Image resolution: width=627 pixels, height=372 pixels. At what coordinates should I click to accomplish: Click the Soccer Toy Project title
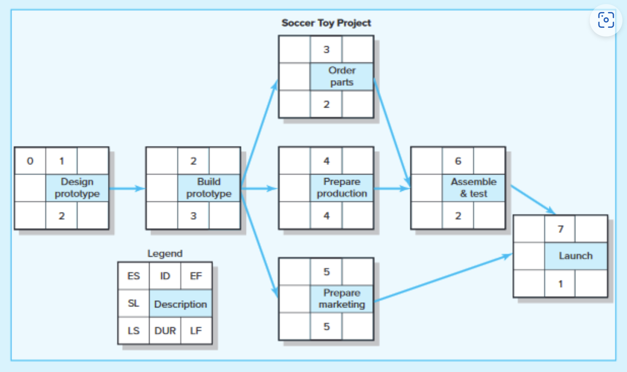(326, 23)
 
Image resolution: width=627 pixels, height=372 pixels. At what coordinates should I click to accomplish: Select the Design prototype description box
(77, 188)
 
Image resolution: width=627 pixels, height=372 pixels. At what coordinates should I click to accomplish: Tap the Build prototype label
(209, 188)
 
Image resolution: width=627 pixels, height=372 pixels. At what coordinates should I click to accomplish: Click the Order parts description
(342, 76)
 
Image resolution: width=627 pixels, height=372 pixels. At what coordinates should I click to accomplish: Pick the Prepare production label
(342, 188)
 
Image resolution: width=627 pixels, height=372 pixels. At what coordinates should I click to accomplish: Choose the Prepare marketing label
(342, 298)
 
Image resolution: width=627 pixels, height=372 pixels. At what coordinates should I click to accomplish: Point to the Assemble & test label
(474, 188)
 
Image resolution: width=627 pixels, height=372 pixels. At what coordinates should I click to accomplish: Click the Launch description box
(576, 256)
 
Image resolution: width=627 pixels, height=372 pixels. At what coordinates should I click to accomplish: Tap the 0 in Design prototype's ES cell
(30, 161)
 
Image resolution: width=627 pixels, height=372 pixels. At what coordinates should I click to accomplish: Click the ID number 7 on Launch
(560, 229)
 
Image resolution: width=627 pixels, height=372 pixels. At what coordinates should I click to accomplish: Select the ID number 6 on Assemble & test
(458, 161)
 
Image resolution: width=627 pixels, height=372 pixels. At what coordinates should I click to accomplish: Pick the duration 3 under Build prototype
(193, 216)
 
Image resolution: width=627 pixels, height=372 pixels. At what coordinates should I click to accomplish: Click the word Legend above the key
(165, 254)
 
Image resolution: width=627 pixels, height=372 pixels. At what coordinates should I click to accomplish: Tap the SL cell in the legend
(133, 303)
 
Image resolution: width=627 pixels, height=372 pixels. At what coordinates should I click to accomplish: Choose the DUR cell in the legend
(165, 331)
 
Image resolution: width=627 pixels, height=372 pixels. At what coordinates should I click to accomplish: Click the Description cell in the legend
(180, 304)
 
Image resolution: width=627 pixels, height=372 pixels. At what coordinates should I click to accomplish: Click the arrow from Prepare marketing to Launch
(444, 278)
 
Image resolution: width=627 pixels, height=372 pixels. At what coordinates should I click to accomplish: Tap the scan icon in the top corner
(606, 20)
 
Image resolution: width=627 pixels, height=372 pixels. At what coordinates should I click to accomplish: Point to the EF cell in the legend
(196, 276)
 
